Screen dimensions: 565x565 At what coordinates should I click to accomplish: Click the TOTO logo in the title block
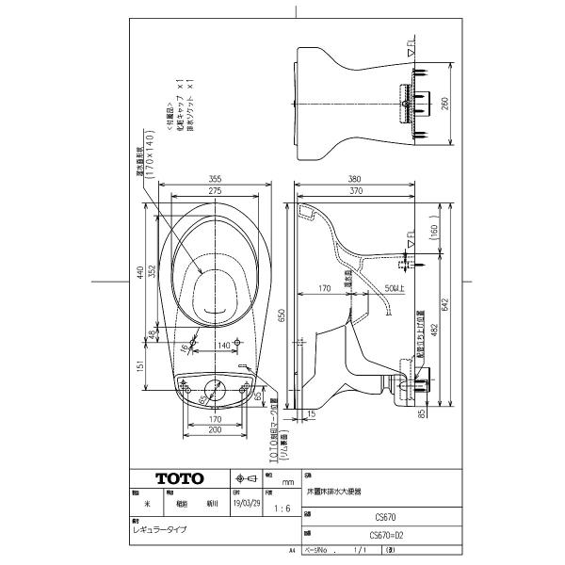pyautogui.click(x=176, y=477)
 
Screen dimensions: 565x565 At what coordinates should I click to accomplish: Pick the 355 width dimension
pyautogui.click(x=216, y=178)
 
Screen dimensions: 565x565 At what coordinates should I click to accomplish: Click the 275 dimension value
pyautogui.click(x=216, y=192)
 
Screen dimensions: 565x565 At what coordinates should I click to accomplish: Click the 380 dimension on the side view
pyautogui.click(x=353, y=178)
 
